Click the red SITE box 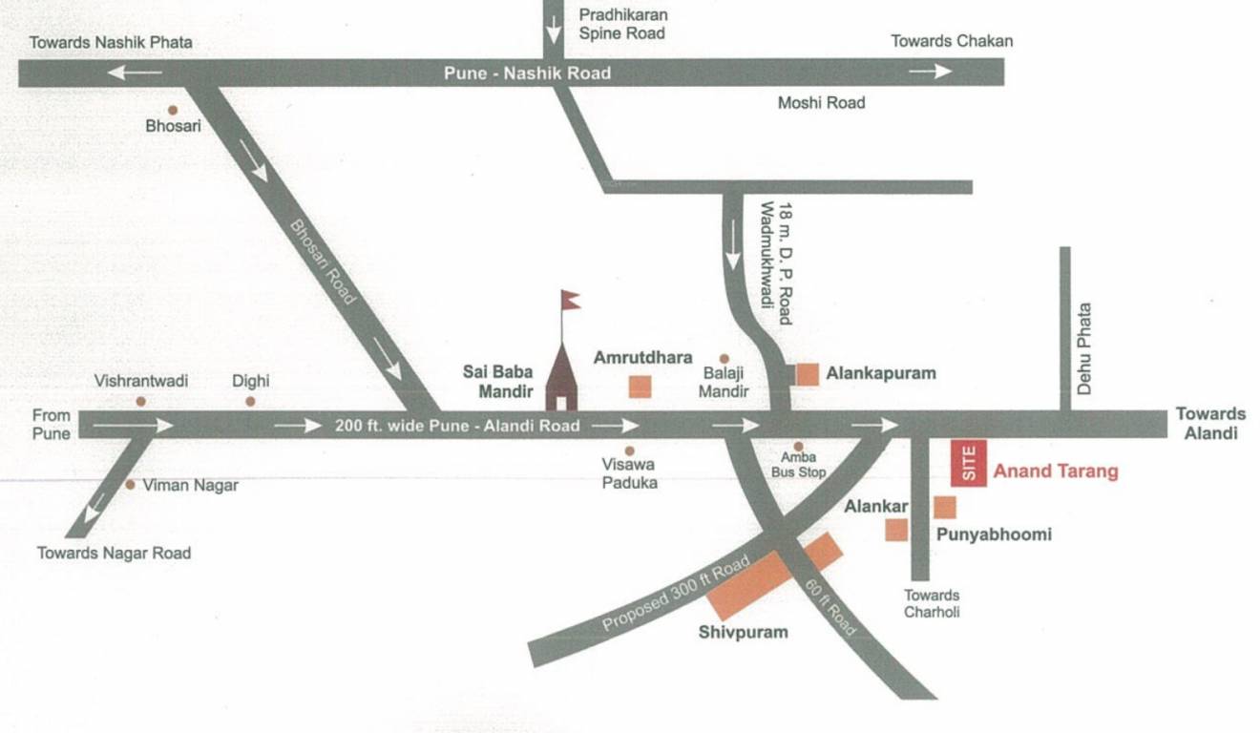coord(968,464)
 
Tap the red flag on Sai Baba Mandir coord(571,301)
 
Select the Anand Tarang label coord(1055,471)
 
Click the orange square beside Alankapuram coord(808,374)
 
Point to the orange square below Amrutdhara coord(640,387)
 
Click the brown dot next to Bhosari coord(173,110)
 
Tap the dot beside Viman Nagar coord(130,485)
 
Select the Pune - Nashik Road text coord(527,73)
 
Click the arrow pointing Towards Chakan coord(930,72)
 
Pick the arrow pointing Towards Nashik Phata coord(135,73)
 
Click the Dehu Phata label coord(1083,349)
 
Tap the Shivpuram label coord(743,632)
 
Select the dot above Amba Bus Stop coord(798,446)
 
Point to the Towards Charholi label coord(932,603)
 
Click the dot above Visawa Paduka coord(629,450)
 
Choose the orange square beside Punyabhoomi coord(944,508)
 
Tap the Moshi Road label coord(821,102)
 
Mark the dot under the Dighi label coord(250,401)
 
